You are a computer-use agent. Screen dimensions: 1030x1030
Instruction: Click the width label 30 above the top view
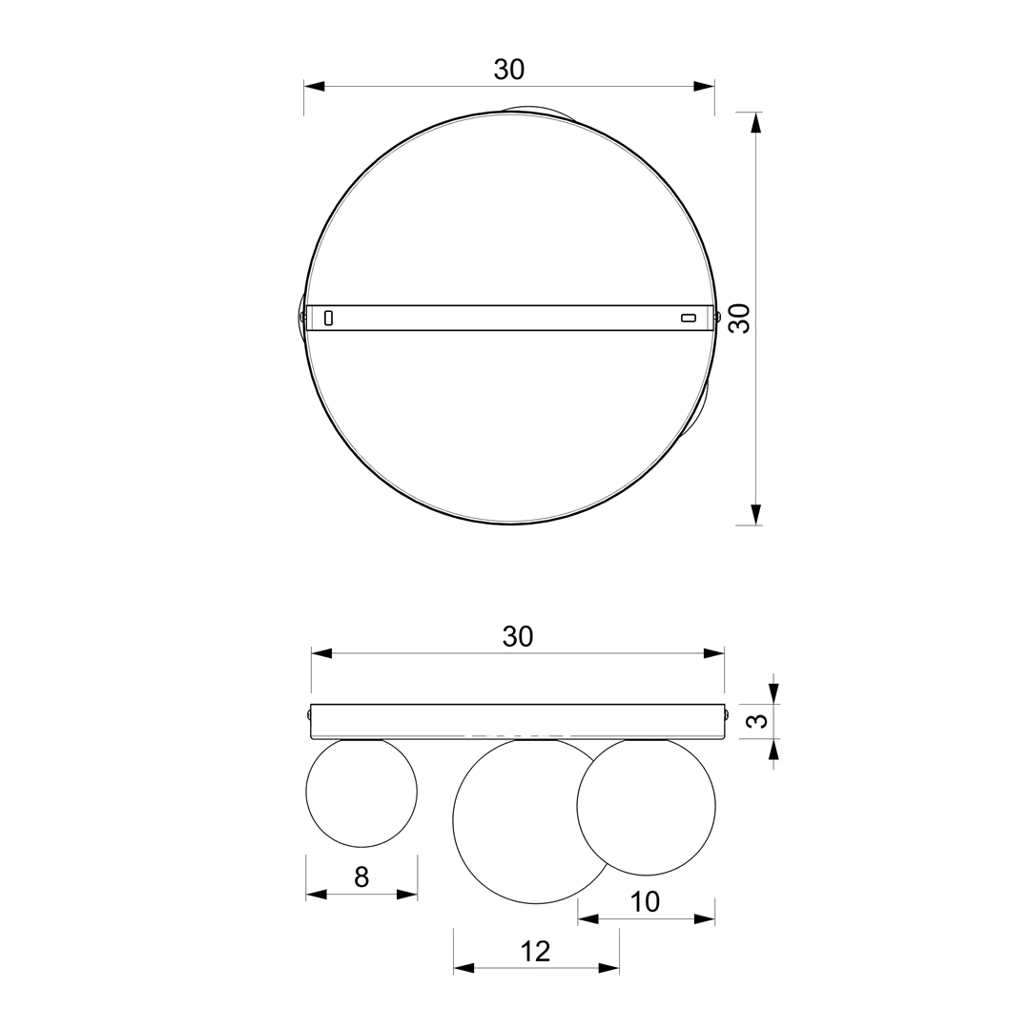tap(509, 70)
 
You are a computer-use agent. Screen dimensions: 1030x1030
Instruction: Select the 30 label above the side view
tap(518, 636)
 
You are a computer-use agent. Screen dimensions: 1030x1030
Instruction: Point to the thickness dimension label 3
tap(758, 721)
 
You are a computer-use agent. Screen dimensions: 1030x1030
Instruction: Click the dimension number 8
tap(361, 877)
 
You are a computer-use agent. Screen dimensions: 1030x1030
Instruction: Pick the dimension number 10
tap(645, 902)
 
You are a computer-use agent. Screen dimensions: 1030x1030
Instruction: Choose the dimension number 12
tap(535, 951)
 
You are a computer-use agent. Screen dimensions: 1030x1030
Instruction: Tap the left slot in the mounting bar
tap(328, 318)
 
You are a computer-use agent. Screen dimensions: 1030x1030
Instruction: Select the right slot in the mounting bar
tap(688, 319)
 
